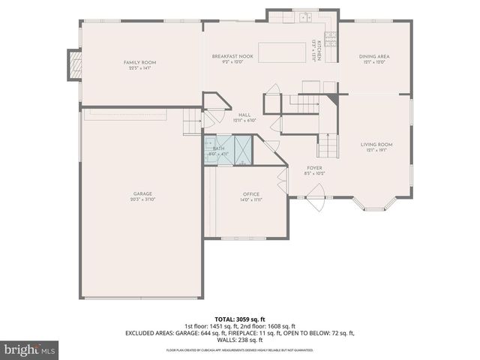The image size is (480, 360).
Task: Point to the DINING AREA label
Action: [x=373, y=56]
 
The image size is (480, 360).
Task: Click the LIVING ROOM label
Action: [x=376, y=144]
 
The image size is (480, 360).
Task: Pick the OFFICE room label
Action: [x=250, y=193]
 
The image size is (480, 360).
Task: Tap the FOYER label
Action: [x=314, y=167]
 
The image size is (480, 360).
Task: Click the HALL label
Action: [x=244, y=115]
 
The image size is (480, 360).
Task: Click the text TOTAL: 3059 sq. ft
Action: [x=240, y=319]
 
